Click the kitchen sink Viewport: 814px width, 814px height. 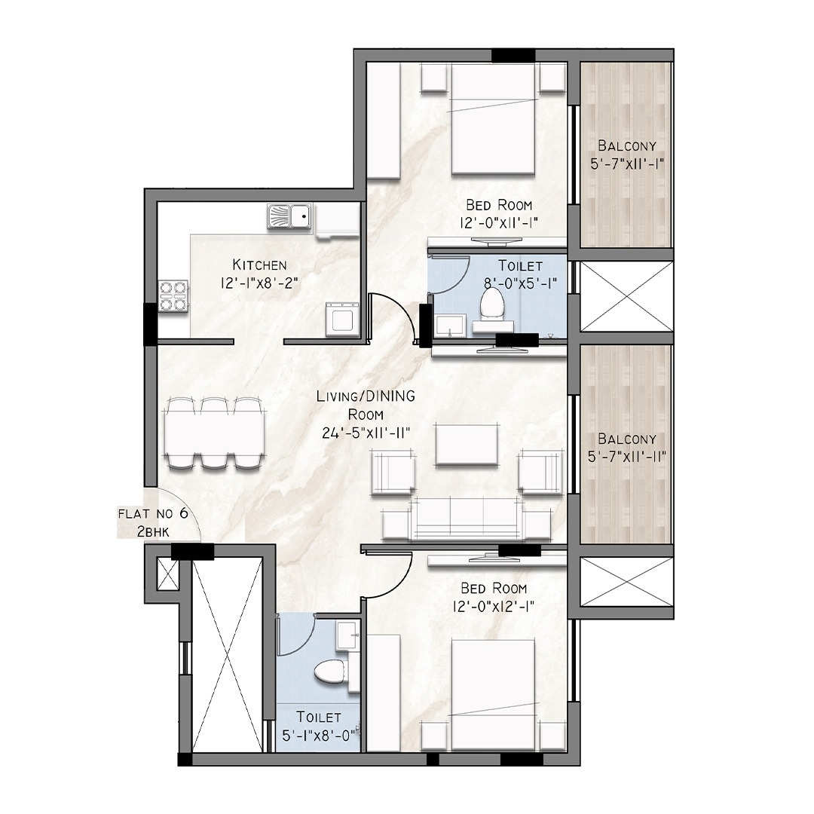coord(289,216)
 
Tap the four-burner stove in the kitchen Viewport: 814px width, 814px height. coord(173,297)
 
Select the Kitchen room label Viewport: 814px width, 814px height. coord(259,265)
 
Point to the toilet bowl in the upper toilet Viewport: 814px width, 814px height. coord(491,302)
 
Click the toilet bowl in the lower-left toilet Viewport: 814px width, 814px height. coord(329,672)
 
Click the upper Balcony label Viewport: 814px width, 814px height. coord(626,145)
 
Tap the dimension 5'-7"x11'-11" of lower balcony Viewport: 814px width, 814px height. coord(627,457)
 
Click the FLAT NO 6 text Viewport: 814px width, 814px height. coord(153,514)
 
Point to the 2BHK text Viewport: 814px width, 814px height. coord(153,531)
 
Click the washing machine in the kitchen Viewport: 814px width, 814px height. coord(341,320)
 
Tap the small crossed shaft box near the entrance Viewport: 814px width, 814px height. coord(167,574)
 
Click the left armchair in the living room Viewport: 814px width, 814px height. coord(393,472)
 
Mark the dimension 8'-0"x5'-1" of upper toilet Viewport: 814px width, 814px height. coord(520,283)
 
